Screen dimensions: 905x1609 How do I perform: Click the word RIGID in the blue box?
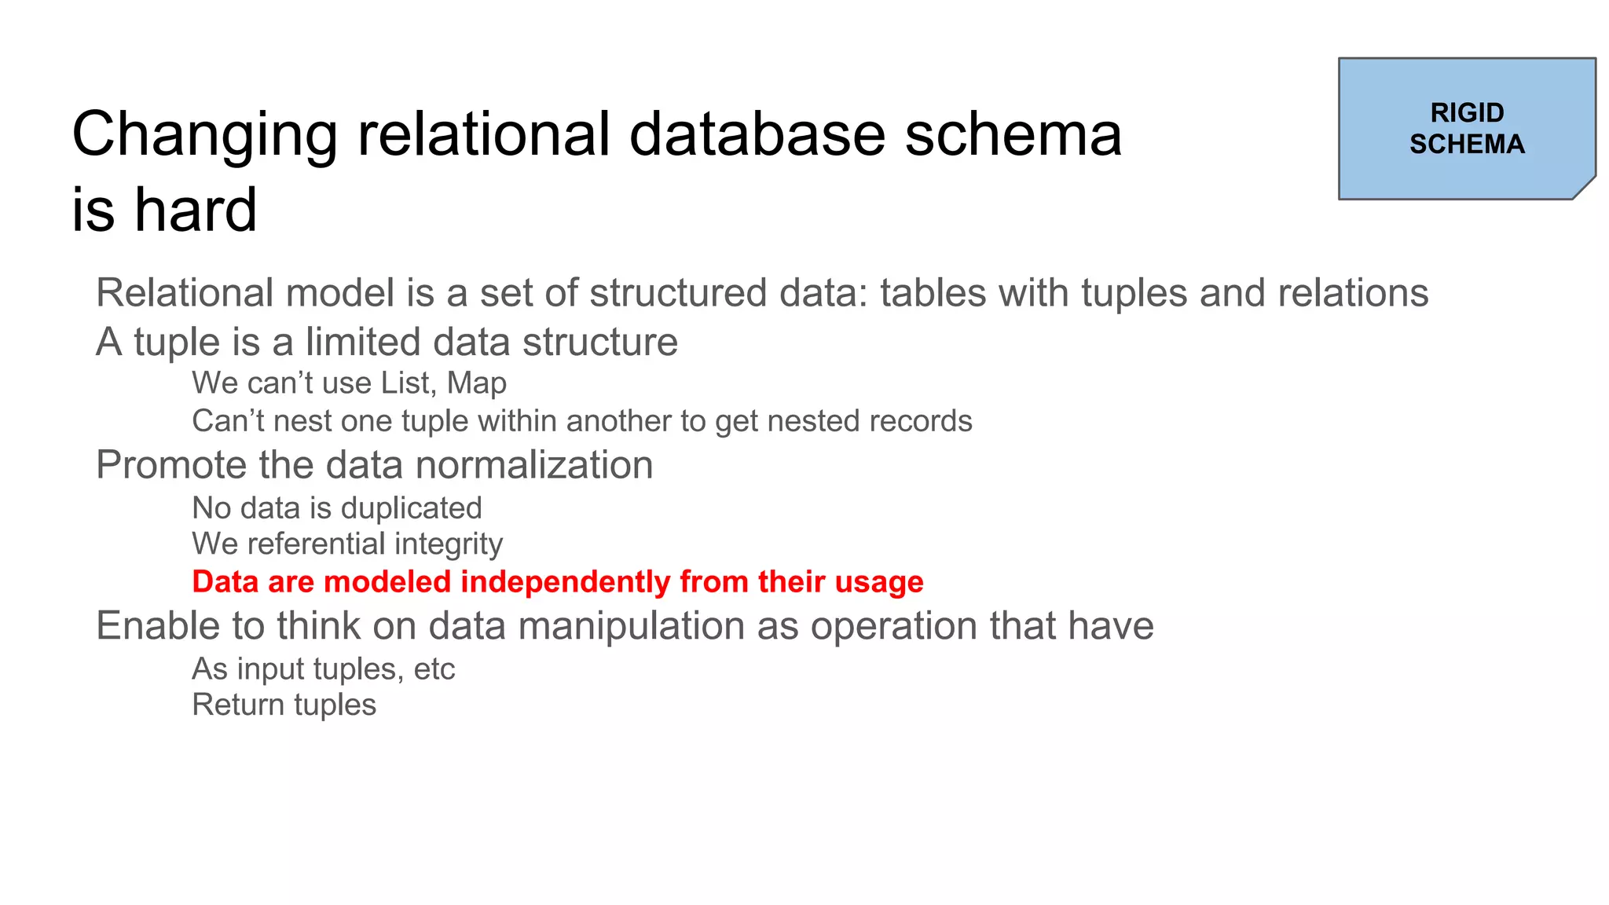1467,113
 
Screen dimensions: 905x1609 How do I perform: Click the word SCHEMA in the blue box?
1467,145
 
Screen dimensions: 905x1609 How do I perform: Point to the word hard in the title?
196,210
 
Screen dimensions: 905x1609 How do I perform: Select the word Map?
477,384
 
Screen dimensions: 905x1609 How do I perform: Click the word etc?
434,669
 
